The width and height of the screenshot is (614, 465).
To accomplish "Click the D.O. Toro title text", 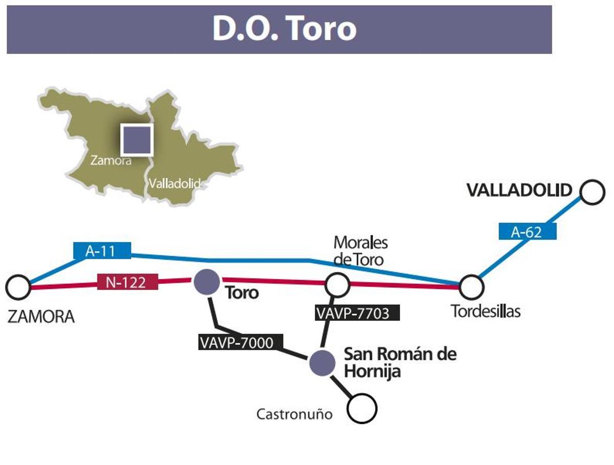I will pyautogui.click(x=284, y=29).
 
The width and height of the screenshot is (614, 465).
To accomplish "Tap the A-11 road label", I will pyautogui.click(x=102, y=250).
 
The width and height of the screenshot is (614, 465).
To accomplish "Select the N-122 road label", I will pyautogui.click(x=127, y=282).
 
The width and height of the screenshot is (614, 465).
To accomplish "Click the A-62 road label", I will pyautogui.click(x=527, y=232).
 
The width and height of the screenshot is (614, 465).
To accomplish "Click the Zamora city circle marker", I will pyautogui.click(x=18, y=288).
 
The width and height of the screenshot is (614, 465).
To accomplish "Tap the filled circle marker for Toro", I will pyautogui.click(x=207, y=282).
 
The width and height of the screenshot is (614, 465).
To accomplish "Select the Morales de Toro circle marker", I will pyautogui.click(x=338, y=285).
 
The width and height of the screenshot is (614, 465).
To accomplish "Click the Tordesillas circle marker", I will pyautogui.click(x=471, y=287).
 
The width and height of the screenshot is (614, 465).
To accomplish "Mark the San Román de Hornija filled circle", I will pyautogui.click(x=322, y=362).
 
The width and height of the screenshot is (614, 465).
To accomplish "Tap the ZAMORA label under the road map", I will pyautogui.click(x=41, y=317).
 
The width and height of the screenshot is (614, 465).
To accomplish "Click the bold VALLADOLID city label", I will pyautogui.click(x=519, y=191).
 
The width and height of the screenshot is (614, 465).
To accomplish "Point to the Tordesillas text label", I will pyautogui.click(x=486, y=311).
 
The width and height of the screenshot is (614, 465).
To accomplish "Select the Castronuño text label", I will pyautogui.click(x=294, y=414).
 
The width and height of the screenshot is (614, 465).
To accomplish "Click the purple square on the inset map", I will pyautogui.click(x=137, y=139).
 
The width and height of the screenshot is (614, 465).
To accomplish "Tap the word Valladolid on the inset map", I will pyautogui.click(x=173, y=183).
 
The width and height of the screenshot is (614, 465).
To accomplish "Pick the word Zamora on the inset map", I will pyautogui.click(x=111, y=160).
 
